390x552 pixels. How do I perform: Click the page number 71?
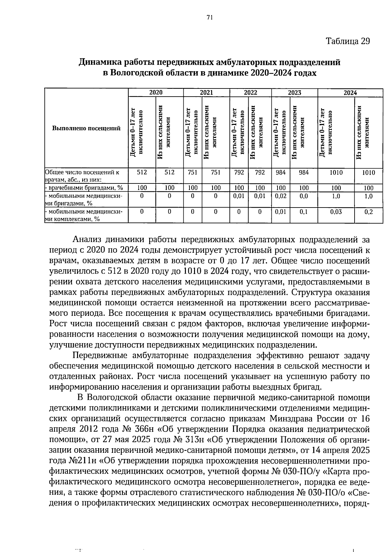pyautogui.click(x=209, y=18)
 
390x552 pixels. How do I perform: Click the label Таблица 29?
pyautogui.click(x=348, y=41)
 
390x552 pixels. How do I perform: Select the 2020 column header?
pyautogui.click(x=156, y=92)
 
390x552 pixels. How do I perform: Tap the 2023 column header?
pyautogui.click(x=294, y=92)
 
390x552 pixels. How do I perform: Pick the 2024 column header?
pyautogui.click(x=350, y=92)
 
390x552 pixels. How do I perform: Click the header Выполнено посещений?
pyautogui.click(x=86, y=128)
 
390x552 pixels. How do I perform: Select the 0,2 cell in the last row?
pyautogui.click(x=369, y=212)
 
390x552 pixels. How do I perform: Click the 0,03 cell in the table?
pyautogui.click(x=336, y=212)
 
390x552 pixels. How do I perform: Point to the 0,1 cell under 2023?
pyautogui.click(x=304, y=212)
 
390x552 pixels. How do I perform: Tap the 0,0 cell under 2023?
pyautogui.click(x=304, y=196)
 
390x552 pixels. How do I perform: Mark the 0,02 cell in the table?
pyautogui.click(x=280, y=196)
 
